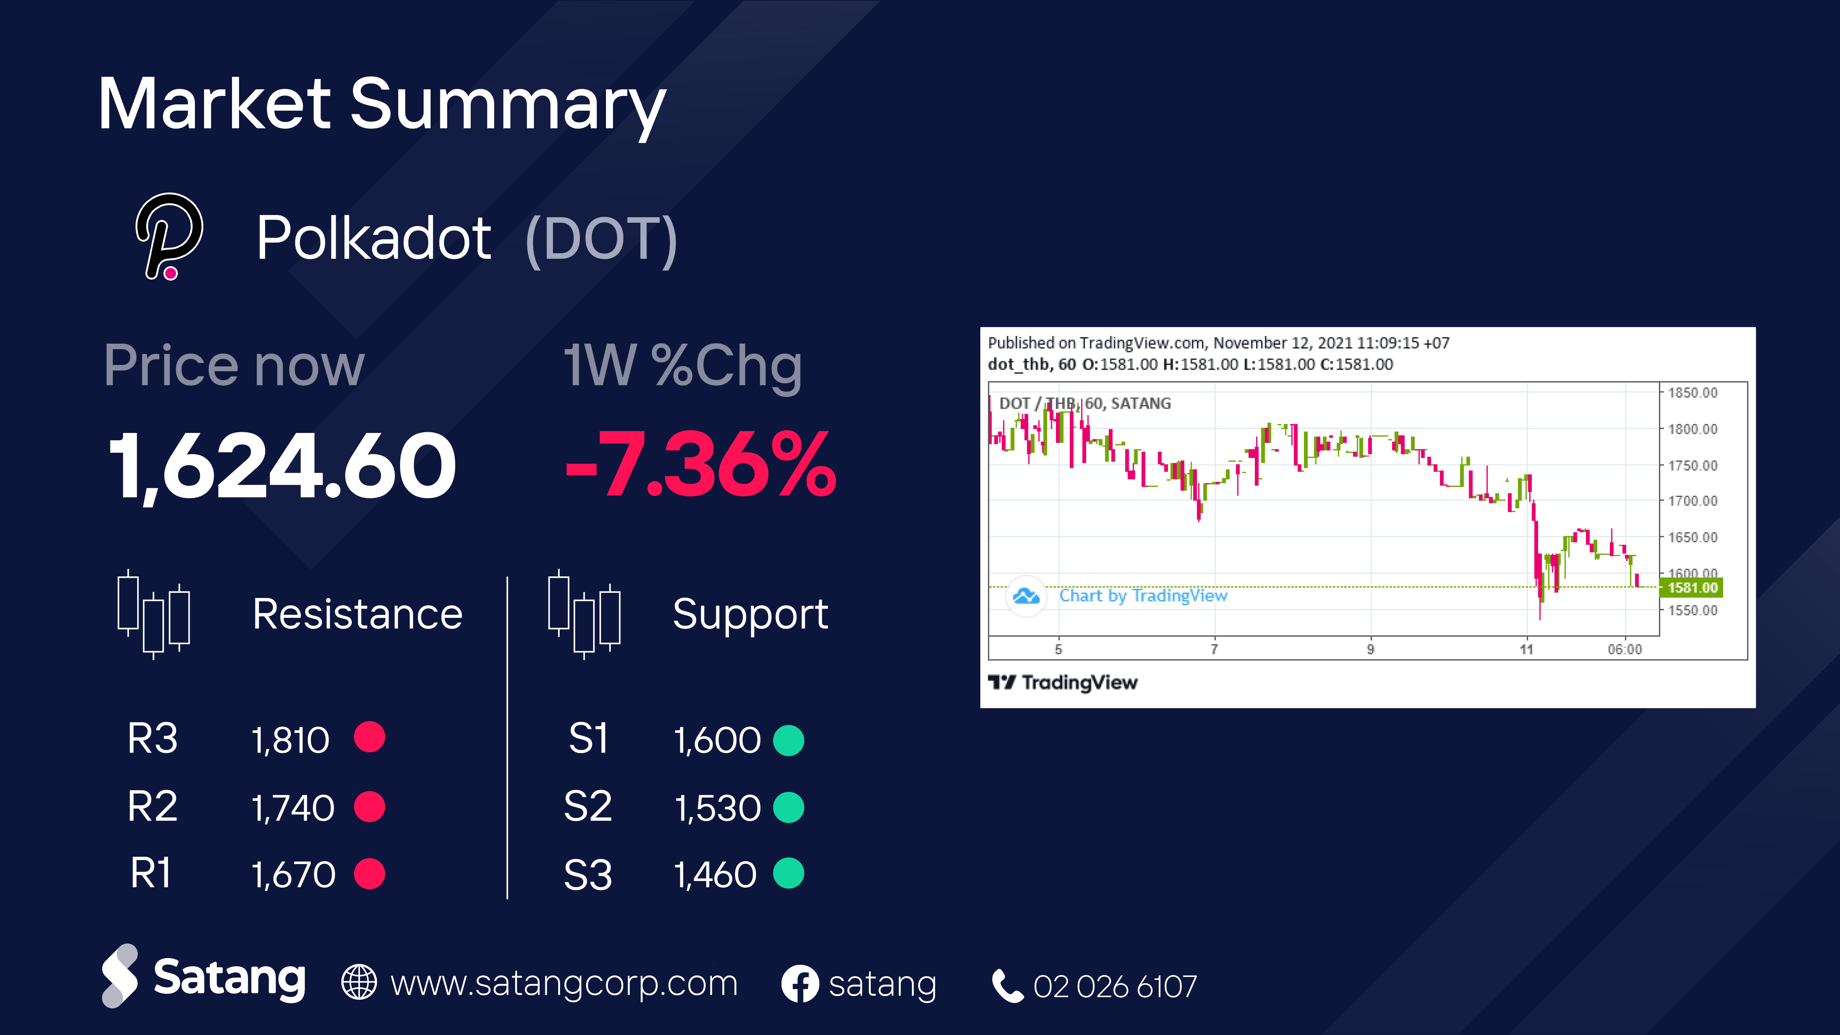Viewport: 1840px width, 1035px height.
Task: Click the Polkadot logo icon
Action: (169, 236)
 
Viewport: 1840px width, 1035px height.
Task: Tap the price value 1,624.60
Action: (282, 465)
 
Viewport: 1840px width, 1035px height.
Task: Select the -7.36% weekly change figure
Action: (700, 464)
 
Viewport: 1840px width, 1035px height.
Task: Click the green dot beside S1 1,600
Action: (789, 740)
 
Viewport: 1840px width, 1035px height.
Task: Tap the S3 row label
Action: (588, 875)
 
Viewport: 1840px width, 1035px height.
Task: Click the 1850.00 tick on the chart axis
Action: (1692, 393)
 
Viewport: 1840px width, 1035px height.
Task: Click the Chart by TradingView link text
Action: (1143, 596)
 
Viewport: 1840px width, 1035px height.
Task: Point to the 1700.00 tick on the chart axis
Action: (1692, 501)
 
